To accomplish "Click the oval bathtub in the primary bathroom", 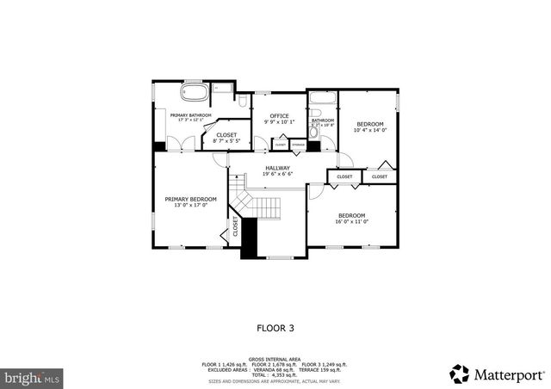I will [193, 92].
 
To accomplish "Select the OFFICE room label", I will [278, 115].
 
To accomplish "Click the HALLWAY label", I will [277, 168].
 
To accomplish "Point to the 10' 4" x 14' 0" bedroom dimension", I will [370, 130].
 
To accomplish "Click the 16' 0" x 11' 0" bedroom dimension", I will [351, 221].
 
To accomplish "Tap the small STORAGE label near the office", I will [297, 145].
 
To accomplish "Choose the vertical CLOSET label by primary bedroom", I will [235, 227].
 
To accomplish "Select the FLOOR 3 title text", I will [275, 328].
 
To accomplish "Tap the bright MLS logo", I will [33, 376].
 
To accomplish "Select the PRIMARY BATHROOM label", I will [190, 114].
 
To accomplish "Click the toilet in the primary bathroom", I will [219, 87].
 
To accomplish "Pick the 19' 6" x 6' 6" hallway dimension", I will [277, 174].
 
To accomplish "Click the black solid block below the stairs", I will [249, 237].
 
